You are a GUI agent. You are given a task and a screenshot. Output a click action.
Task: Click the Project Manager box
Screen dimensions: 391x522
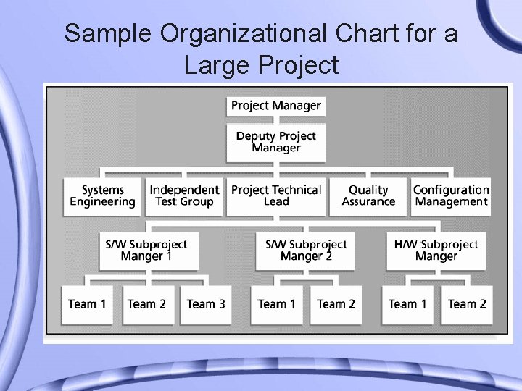(x=275, y=106)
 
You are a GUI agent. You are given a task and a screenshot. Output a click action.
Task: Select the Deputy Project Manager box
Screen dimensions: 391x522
(x=275, y=142)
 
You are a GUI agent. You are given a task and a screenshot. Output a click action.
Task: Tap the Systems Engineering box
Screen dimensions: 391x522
(x=102, y=196)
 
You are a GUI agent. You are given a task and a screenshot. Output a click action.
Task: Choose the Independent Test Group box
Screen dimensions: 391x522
(x=184, y=196)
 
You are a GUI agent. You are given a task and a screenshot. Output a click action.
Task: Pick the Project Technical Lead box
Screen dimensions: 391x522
(x=275, y=196)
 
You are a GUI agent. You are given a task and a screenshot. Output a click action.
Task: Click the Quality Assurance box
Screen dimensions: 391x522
(x=368, y=196)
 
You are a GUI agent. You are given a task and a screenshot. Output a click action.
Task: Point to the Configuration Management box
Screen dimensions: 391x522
(x=451, y=196)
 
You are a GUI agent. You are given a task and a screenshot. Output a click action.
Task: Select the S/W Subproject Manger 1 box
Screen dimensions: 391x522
(x=146, y=251)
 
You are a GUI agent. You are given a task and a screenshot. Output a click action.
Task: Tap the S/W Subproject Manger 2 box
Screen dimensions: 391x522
(x=306, y=251)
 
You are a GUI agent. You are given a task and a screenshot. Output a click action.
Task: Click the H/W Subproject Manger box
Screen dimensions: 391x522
(x=436, y=251)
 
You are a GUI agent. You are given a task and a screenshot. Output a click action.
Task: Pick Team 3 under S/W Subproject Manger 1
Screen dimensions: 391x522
(x=206, y=304)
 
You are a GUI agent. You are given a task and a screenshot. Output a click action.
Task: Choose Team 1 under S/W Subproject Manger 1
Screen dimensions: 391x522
(x=87, y=304)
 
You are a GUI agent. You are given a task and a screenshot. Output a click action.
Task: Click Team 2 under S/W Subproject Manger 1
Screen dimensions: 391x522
(x=146, y=304)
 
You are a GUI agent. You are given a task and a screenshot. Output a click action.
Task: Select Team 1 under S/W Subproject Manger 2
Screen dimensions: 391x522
(x=276, y=304)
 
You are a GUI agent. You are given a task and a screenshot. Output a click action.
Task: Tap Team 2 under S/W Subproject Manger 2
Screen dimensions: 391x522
(x=336, y=304)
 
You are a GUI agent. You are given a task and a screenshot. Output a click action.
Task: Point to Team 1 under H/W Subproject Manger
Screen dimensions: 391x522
(x=407, y=304)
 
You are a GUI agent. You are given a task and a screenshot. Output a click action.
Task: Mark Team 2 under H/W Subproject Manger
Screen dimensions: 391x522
(x=467, y=304)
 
